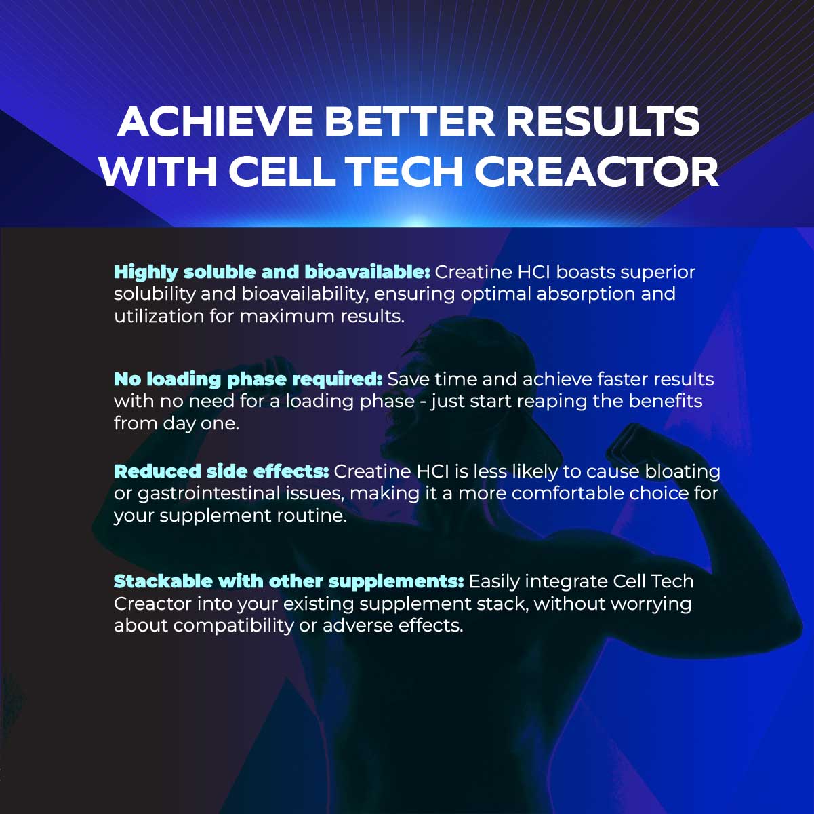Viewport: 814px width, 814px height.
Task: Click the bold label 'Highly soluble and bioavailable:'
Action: [x=272, y=272]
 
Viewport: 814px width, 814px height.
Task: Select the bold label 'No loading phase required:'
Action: [x=248, y=379]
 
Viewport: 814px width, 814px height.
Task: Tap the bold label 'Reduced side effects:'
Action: [x=221, y=471]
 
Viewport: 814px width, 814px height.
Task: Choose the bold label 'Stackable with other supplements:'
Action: [x=289, y=581]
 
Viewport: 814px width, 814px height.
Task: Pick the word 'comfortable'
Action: [x=569, y=493]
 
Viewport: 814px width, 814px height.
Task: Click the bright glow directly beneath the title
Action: [x=416, y=221]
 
